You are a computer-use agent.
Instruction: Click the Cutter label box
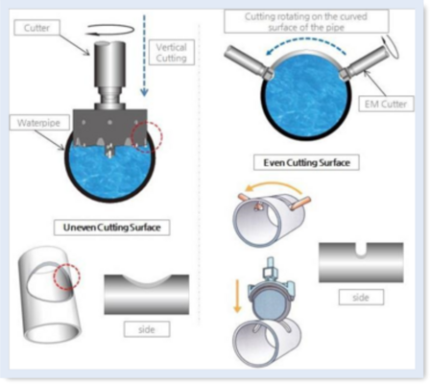[x=36, y=28]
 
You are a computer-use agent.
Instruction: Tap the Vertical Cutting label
[x=171, y=53]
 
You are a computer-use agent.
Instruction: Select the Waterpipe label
[x=39, y=123]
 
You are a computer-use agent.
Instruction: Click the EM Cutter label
[x=386, y=104]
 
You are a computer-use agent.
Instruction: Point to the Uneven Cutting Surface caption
[x=111, y=228]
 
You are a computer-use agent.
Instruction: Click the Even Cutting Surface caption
[x=306, y=162]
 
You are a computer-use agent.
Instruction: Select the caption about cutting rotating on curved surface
[x=306, y=21]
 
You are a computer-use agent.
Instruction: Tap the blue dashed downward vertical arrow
[x=144, y=55]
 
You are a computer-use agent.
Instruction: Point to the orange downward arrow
[x=237, y=296]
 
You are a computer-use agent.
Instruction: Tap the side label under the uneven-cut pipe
[x=147, y=329]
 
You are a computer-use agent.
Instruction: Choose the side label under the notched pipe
[x=361, y=298]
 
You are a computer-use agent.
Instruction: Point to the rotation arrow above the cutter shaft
[x=110, y=29]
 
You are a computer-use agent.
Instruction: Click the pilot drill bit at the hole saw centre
[x=109, y=151]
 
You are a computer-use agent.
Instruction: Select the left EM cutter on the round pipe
[x=249, y=62]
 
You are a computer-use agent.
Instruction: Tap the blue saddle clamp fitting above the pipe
[x=270, y=286]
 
